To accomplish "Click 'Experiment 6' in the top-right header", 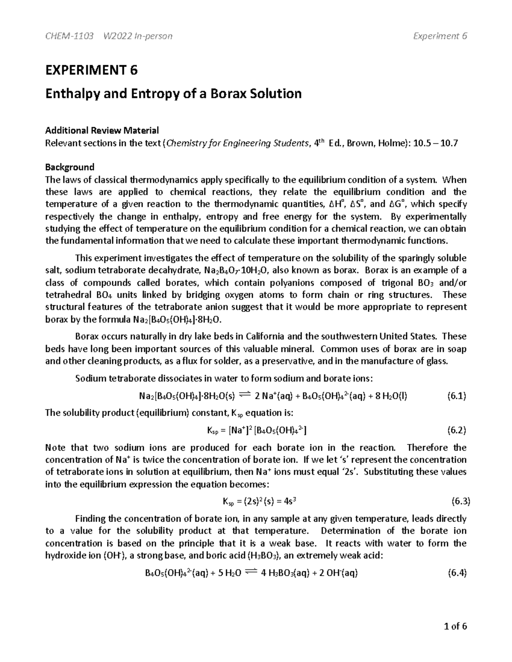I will pos(440,36).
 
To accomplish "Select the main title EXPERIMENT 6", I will pos(92,70).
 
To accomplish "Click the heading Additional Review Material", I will pos(102,130).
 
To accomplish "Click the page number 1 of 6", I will pos(456,626).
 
